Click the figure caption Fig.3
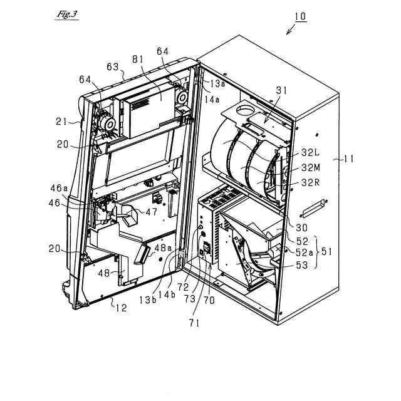66,14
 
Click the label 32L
310,152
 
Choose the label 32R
310,184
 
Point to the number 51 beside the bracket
328,253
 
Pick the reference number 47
152,212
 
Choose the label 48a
162,248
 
